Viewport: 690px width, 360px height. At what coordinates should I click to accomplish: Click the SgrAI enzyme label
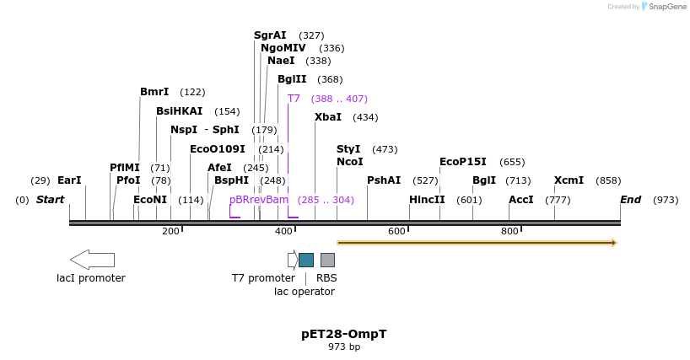click(270, 35)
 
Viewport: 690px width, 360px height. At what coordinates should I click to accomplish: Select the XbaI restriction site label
click(328, 117)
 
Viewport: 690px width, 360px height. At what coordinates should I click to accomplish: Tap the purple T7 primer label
click(294, 99)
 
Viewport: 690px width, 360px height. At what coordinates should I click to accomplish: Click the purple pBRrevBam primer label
click(259, 200)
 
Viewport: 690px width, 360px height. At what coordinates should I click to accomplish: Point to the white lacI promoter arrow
click(92, 259)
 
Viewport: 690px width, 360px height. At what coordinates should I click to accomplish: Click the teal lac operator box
click(306, 260)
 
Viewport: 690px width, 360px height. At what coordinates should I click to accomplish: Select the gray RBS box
click(327, 260)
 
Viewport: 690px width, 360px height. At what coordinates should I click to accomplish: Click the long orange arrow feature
click(477, 243)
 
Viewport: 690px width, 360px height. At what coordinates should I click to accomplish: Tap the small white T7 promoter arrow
click(292, 260)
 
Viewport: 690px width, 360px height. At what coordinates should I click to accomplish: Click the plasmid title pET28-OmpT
click(344, 334)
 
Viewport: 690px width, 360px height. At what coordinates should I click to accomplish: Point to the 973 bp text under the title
click(344, 347)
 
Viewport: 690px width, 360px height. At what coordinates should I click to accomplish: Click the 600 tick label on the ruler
click(396, 232)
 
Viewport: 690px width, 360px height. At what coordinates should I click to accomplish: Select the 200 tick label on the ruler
click(170, 232)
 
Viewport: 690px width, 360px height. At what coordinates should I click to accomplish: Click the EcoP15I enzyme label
click(463, 162)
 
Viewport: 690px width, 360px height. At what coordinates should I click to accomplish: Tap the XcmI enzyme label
click(569, 180)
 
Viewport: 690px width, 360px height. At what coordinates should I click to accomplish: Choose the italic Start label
click(50, 200)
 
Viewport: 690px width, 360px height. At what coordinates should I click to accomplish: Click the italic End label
click(630, 200)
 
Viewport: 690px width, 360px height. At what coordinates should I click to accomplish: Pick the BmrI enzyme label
click(154, 92)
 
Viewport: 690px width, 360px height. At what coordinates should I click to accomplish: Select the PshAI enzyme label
click(384, 180)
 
